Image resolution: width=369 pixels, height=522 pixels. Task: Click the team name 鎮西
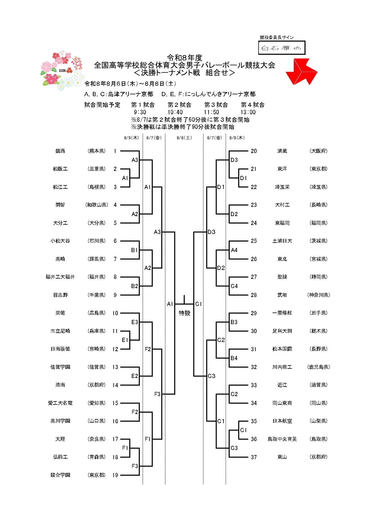coord(60,151)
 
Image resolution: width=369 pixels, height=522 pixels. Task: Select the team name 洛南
coord(60,385)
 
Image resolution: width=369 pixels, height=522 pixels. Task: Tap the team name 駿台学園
coord(60,475)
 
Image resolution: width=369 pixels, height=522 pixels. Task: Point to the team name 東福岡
coord(282,223)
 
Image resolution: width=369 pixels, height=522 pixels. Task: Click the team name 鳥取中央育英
coord(282,439)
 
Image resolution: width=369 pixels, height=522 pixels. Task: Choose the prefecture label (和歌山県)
coord(97,205)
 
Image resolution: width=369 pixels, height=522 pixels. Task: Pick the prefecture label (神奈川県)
coord(319,295)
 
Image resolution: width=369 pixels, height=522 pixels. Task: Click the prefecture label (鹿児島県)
coord(319,367)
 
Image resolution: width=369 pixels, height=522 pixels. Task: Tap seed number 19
coord(115,475)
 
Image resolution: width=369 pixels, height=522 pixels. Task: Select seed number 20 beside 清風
coord(254,151)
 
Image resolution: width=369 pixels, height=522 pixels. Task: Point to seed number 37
coord(254,457)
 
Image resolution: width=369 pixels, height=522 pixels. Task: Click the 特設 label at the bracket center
coord(184,313)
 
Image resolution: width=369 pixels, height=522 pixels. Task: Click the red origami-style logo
coord(301,72)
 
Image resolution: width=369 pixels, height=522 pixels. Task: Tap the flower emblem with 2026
coord(61,70)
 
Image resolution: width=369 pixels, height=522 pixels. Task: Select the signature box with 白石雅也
coord(282,48)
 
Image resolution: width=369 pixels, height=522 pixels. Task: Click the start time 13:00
coord(248,112)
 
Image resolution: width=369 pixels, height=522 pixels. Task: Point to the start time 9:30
coord(140,112)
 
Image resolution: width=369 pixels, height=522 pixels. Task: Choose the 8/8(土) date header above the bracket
coord(184,138)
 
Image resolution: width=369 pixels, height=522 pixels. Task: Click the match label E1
coord(125,340)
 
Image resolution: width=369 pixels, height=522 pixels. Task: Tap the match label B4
coord(234,358)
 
